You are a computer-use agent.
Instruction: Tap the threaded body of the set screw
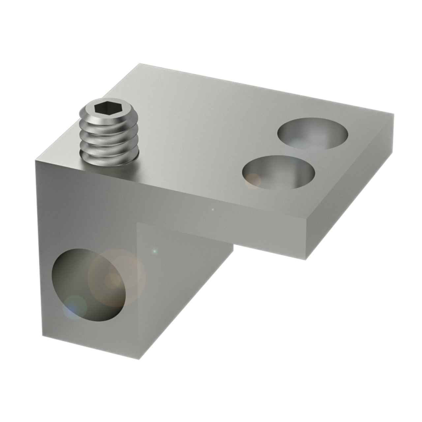click(x=109, y=138)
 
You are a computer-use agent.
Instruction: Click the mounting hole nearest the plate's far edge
click(x=313, y=133)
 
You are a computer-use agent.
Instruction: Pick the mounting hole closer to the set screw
click(x=279, y=172)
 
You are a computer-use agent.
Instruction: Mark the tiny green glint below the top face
click(x=213, y=209)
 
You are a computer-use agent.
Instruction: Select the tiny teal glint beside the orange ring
click(x=154, y=251)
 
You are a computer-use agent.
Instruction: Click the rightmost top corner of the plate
click(x=394, y=114)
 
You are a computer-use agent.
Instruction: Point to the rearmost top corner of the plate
click(x=140, y=64)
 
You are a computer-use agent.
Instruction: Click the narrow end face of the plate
click(x=349, y=188)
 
